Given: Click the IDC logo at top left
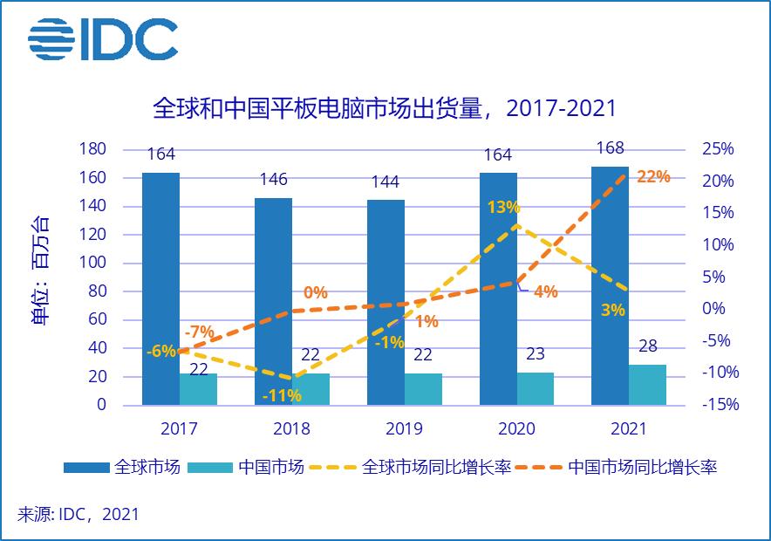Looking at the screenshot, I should tap(102, 39).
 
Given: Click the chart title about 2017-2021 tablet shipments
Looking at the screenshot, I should tap(385, 108).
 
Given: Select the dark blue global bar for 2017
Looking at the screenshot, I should tap(160, 288).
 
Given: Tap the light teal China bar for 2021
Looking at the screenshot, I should tap(647, 385).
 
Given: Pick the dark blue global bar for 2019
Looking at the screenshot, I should tap(385, 302).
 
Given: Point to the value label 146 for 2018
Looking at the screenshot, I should tap(273, 180).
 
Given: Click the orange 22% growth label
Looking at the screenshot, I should tap(653, 176).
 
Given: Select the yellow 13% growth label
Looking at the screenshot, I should tap(504, 208).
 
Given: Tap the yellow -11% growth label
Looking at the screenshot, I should tap(282, 395).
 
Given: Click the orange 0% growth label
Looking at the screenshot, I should tap(315, 292).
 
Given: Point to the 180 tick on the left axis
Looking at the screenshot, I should tap(92, 149).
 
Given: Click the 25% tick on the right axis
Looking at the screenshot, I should tap(717, 149).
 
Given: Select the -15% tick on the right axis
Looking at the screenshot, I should tap(720, 405).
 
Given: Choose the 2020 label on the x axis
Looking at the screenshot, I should tap(516, 428).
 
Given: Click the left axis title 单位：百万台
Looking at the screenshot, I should tap(40, 270).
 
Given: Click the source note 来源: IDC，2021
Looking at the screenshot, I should tap(78, 514).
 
